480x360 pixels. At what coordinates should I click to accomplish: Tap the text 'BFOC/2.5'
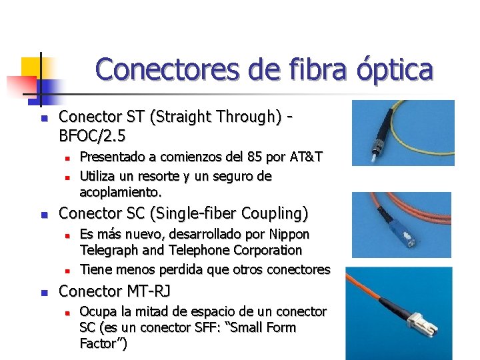[93, 135]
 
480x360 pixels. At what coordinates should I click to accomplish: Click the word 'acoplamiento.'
[121, 192]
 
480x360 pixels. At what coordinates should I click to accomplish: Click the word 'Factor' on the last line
[100, 344]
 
